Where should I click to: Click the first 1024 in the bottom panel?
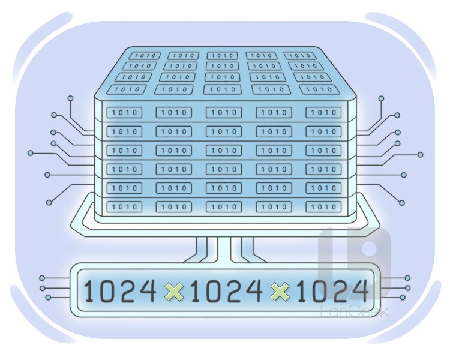tap(120, 291)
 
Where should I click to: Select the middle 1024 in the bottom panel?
tap(226, 291)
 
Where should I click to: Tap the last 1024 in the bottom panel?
tap(332, 291)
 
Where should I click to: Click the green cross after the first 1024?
tap(174, 292)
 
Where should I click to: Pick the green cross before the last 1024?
tap(280, 292)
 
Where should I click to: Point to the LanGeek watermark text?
tap(355, 311)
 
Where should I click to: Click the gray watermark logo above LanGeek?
tap(355, 263)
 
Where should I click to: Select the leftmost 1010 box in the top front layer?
tap(124, 113)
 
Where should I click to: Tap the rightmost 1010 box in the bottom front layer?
tap(323, 206)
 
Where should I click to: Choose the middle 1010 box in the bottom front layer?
tap(224, 206)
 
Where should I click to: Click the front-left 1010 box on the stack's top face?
tap(127, 89)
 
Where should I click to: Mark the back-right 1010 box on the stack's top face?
tap(299, 55)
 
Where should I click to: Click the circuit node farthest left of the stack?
tap(31, 153)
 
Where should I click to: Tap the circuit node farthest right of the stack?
tap(421, 155)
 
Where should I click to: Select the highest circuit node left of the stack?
tap(71, 99)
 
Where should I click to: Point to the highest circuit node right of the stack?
tap(381, 98)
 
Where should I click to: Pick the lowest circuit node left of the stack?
tap(49, 203)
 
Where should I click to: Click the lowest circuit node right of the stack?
tap(402, 203)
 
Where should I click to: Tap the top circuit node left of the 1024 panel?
tap(42, 278)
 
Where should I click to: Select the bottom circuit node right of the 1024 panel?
tap(403, 298)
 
